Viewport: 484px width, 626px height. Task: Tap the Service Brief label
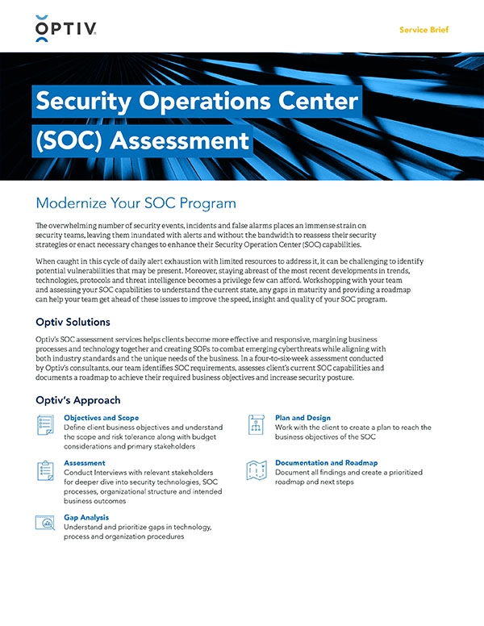[424, 30]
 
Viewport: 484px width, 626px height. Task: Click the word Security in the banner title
[86, 102]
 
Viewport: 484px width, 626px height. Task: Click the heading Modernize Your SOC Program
[136, 202]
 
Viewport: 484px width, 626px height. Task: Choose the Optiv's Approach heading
[78, 400]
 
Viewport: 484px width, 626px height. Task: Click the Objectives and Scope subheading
[102, 418]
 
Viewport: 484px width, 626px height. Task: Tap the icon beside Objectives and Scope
[46, 424]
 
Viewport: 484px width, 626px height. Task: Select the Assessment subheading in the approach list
[84, 463]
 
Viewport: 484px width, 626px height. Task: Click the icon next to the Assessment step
[46, 469]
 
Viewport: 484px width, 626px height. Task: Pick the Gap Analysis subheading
[86, 517]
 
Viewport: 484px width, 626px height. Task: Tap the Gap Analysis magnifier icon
[46, 523]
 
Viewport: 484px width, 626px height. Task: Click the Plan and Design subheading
[302, 418]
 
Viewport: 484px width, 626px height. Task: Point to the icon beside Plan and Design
[257, 424]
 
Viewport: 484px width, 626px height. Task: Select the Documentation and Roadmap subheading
[326, 463]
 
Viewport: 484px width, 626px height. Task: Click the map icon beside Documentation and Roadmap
[257, 469]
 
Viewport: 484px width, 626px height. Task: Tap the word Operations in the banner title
[202, 102]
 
